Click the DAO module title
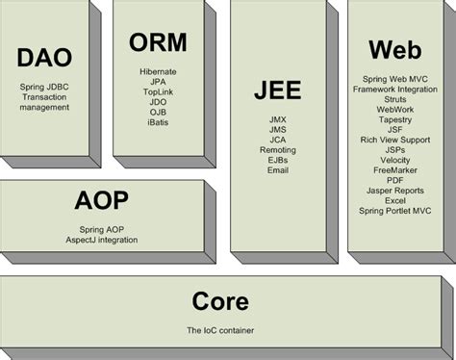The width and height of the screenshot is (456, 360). (44, 58)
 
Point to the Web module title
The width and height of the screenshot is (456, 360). (394, 49)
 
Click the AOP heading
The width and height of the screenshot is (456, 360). (101, 201)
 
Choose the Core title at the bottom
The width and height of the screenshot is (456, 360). (220, 301)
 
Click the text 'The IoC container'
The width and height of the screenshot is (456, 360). (220, 330)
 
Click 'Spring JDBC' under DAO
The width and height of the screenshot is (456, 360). (44, 88)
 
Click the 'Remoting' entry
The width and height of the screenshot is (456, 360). (278, 150)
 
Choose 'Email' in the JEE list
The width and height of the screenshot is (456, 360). (278, 170)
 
